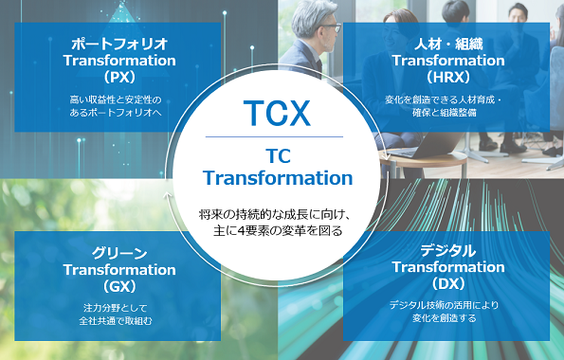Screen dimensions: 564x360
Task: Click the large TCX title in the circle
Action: point(277,113)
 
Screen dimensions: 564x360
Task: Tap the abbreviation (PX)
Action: point(119,77)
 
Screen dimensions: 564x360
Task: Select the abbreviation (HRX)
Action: point(447,77)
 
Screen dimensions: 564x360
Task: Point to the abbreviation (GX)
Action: point(119,286)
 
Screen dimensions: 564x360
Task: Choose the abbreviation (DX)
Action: point(448,284)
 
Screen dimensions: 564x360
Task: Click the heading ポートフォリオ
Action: point(119,45)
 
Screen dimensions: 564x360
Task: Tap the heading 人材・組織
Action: point(448,45)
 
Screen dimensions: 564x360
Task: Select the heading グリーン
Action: point(119,253)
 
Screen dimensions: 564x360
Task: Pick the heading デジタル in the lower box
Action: point(448,251)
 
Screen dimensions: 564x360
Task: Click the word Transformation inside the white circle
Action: point(278,178)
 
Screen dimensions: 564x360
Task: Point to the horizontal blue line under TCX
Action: point(274,136)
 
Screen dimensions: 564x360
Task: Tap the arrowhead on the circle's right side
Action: point(387,157)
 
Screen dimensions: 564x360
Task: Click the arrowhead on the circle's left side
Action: point(167,194)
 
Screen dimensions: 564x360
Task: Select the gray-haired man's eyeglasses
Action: point(331,28)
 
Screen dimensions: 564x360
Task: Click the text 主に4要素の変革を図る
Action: point(278,230)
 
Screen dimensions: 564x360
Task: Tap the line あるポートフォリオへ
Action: point(116,112)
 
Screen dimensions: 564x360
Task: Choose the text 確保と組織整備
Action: point(445,112)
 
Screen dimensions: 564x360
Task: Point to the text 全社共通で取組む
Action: point(116,320)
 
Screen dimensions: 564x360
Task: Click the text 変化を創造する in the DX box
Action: point(445,318)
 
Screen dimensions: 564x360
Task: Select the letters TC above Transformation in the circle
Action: point(278,156)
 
